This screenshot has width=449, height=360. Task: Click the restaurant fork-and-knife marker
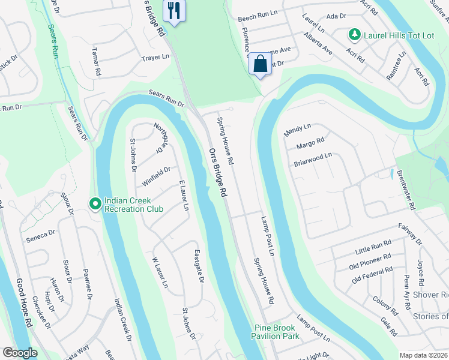coord(175,11)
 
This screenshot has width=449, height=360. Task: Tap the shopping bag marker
coord(261,63)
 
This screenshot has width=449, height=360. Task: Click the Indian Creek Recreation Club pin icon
coord(95,205)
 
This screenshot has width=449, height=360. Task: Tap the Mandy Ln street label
coord(297,128)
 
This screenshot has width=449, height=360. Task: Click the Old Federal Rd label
coord(372,274)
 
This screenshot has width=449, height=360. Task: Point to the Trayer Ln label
coord(155,58)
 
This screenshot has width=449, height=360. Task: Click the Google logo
coord(20,353)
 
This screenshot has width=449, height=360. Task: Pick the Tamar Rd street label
coord(97,63)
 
